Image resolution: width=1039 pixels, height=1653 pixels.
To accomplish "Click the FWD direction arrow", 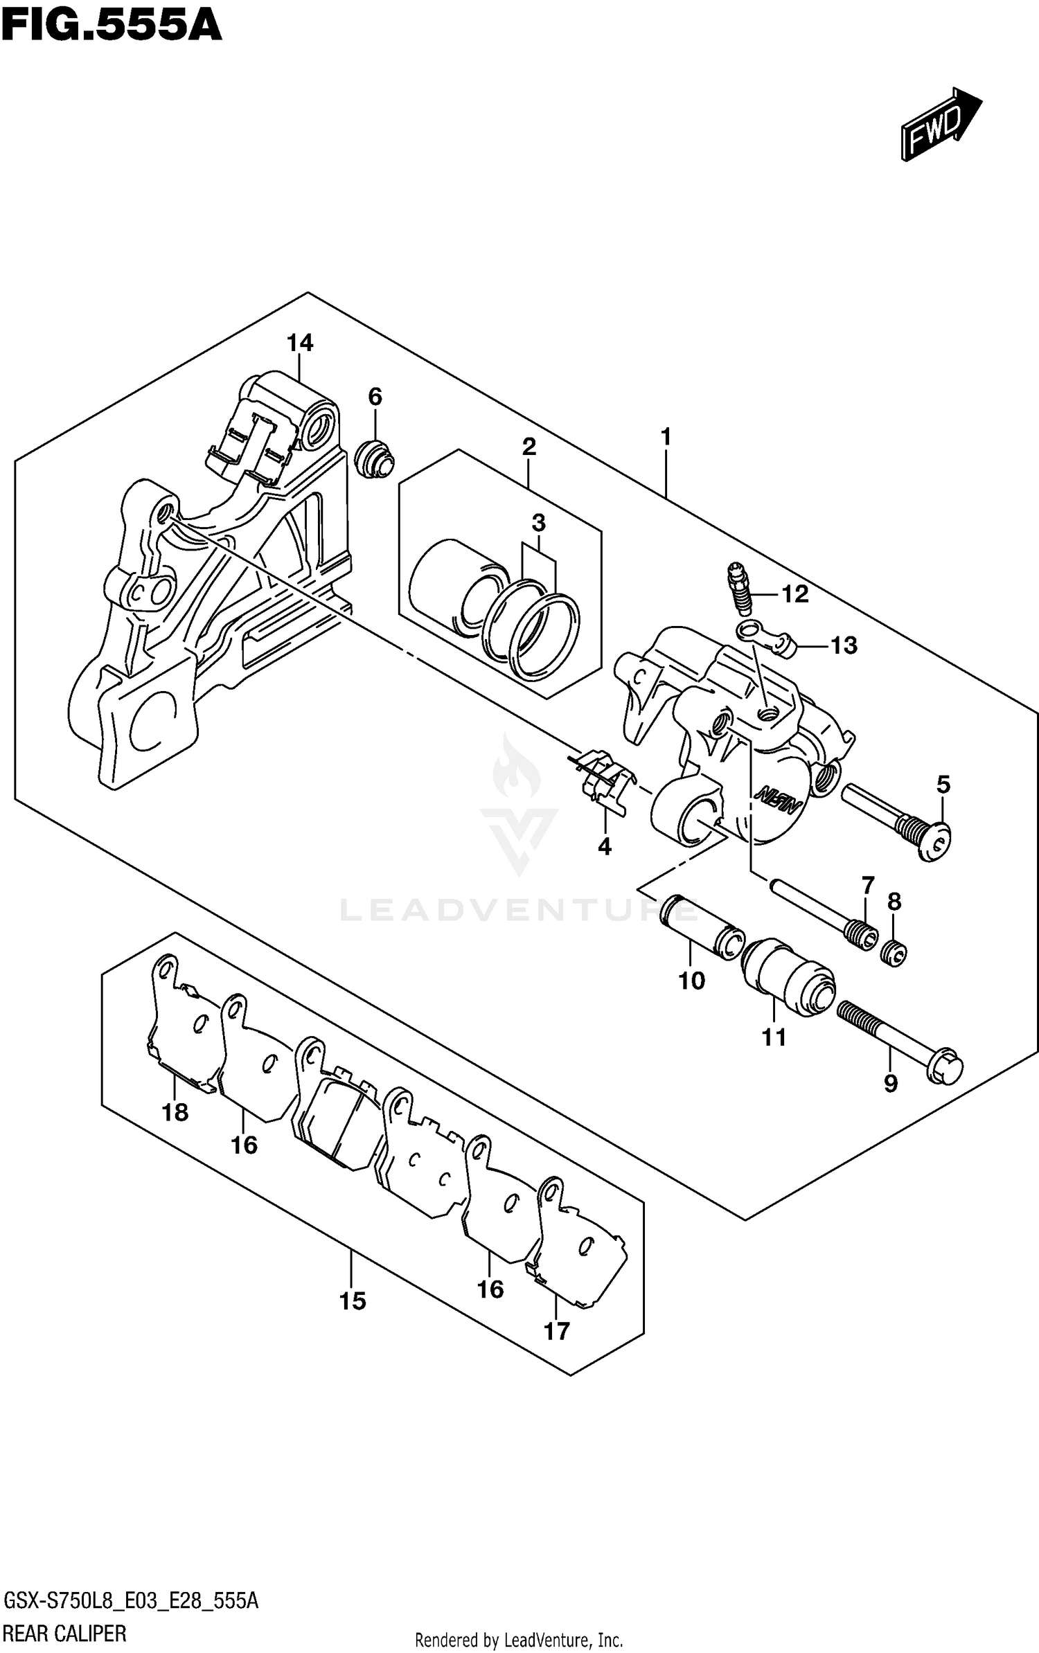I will coord(940,125).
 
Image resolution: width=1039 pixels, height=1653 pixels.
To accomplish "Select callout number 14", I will coord(301,343).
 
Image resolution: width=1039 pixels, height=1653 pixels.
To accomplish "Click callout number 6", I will coord(375,397).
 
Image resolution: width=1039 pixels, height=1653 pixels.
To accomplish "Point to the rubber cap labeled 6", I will coord(374,458).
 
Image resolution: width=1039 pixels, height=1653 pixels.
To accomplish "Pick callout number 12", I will coord(795,594).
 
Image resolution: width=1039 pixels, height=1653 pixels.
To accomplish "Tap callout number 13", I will coord(844,645).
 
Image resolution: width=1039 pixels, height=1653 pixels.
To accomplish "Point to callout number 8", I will coord(894,902).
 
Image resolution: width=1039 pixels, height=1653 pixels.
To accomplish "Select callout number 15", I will coord(353,1301).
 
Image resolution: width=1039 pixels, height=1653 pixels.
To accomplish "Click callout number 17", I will coord(557,1330).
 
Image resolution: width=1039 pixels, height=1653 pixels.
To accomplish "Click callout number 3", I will coord(539,523).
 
